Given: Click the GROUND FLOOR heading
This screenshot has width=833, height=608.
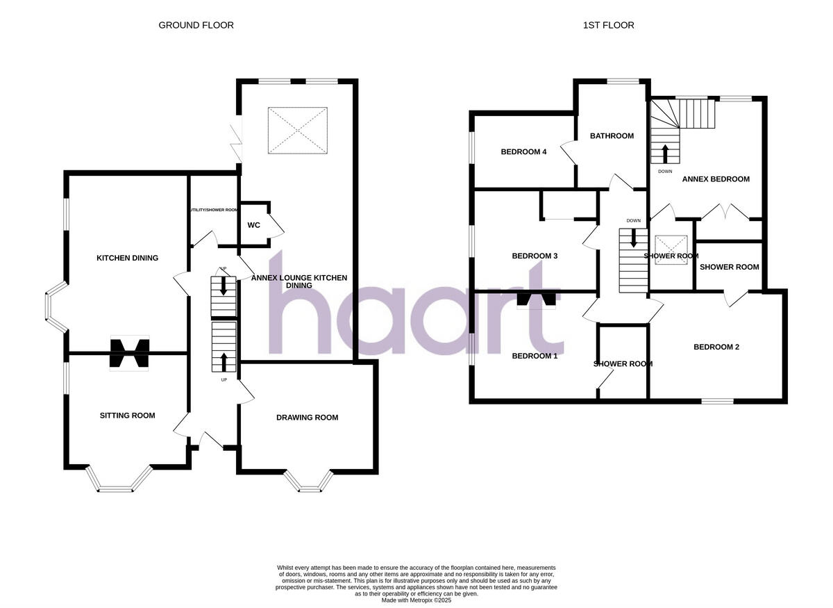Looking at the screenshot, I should click(x=196, y=25).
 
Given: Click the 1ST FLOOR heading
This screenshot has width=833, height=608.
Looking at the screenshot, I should click(x=608, y=25).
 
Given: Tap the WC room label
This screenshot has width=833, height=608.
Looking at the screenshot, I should click(x=254, y=225).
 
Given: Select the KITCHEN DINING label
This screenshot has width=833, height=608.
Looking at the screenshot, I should click(x=127, y=258).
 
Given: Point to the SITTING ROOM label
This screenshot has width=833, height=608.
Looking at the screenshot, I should click(x=127, y=416).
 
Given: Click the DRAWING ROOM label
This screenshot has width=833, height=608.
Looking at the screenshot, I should click(x=307, y=418).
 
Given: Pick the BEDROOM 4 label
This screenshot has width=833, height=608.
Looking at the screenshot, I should click(x=524, y=151).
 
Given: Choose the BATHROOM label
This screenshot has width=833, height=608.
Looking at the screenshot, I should click(x=612, y=136).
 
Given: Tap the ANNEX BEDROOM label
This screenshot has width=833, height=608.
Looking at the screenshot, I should click(x=716, y=179).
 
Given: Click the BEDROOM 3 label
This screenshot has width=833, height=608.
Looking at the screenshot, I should click(x=535, y=256).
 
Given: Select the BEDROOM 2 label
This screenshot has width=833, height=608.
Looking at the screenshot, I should click(x=716, y=347).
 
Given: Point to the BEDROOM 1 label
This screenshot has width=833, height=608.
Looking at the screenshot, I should click(x=535, y=356).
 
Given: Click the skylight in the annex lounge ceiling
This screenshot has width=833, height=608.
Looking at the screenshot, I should click(x=297, y=131).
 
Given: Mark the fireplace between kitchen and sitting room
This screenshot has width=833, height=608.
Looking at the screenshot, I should click(x=129, y=352).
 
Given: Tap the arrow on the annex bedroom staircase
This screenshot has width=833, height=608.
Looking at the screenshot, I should click(x=665, y=153).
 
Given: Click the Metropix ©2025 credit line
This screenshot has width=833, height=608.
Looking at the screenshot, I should click(x=416, y=600).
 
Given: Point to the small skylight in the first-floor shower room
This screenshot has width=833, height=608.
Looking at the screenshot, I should click(x=671, y=245).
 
